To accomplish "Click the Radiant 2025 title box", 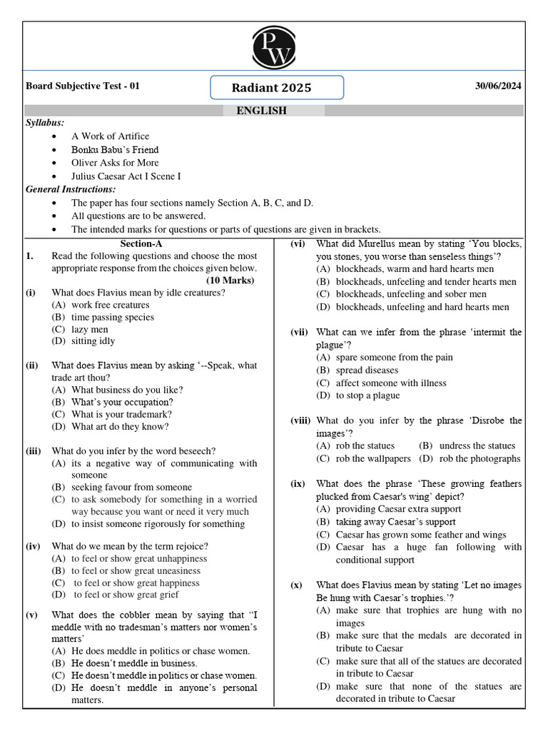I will coord(277,88).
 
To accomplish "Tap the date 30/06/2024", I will coord(498,86).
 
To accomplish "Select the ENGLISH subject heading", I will coord(261,111).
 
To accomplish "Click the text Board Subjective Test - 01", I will coord(83,86).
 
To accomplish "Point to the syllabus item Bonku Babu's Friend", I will coord(115,150).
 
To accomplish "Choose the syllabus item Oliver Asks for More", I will coord(115,163).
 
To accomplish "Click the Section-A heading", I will coord(141,243).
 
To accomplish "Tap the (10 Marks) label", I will coord(230,281).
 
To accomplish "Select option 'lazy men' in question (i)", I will coord(89,329).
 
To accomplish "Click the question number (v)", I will coord(32,615).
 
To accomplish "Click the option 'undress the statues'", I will coord(477,445).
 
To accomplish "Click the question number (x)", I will coord(296,585).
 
